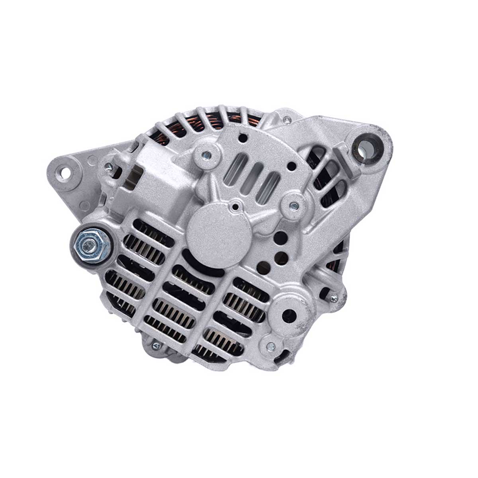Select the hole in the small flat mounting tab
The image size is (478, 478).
tap(63, 172)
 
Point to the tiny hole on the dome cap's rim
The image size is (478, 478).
tap(236, 207)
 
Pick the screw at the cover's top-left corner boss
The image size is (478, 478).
tap(206, 155)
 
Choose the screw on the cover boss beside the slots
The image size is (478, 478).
tap(294, 206)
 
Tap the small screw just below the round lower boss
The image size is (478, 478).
tap(271, 346)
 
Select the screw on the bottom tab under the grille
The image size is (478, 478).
tap(156, 346)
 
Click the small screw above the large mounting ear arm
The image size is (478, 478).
tap(287, 119)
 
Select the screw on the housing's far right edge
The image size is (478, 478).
tap(334, 297)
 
